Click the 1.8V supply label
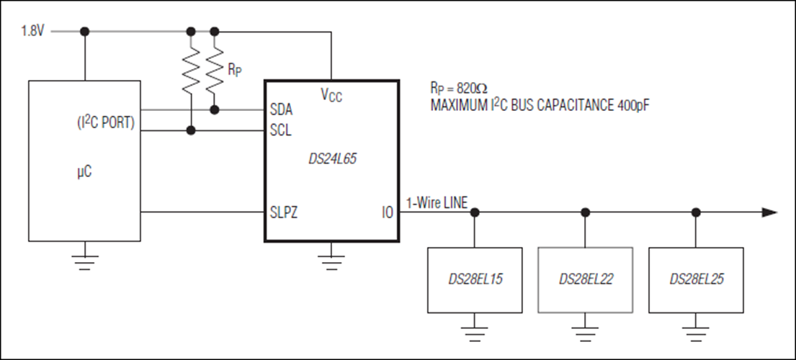(x=32, y=32)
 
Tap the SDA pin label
(x=281, y=109)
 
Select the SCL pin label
(x=281, y=131)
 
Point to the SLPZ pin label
(x=284, y=213)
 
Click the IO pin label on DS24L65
(x=388, y=213)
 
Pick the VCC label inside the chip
(x=331, y=95)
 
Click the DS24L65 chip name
(x=333, y=158)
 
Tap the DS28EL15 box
(x=475, y=280)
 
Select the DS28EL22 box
(x=586, y=280)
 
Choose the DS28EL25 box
(x=696, y=280)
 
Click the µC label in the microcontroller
(x=84, y=173)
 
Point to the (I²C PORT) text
(x=104, y=123)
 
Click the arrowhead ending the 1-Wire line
(x=769, y=212)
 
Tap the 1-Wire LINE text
(x=437, y=203)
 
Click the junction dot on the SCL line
(x=191, y=131)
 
